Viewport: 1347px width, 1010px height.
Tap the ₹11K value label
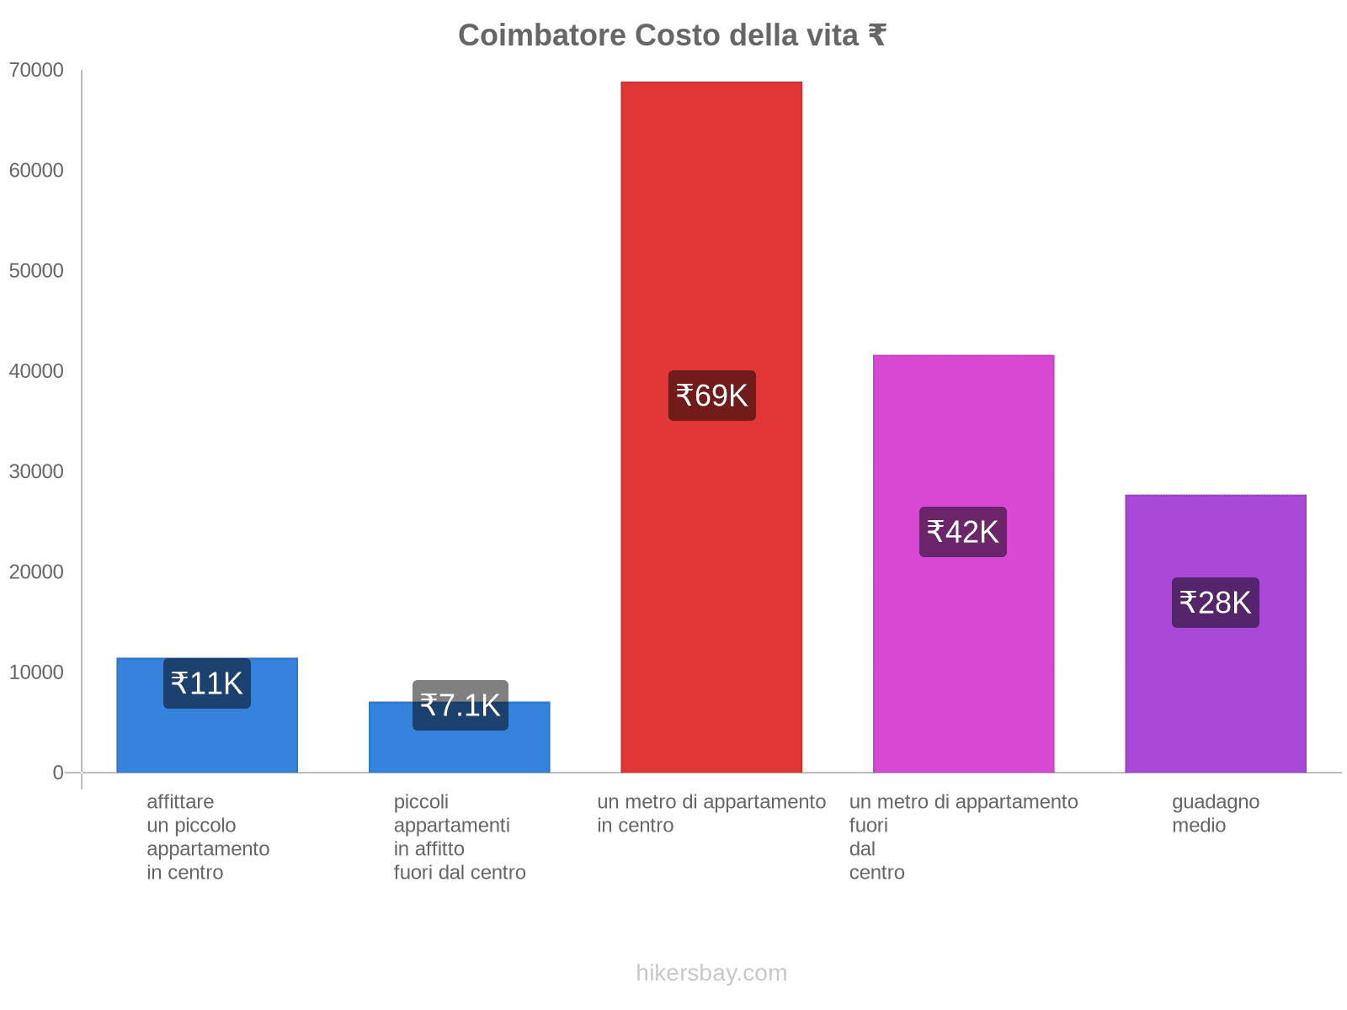click(206, 683)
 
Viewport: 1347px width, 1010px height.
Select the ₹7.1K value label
click(460, 705)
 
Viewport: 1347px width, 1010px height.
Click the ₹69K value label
click(711, 396)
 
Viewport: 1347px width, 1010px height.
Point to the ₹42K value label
click(962, 532)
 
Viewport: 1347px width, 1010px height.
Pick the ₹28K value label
click(1215, 603)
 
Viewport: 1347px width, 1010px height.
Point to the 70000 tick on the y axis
click(36, 71)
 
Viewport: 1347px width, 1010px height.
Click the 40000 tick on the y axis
click(36, 371)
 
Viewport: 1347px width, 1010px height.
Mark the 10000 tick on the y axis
click(36, 672)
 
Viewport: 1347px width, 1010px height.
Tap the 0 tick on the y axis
click(58, 773)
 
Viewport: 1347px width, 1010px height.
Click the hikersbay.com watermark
click(711, 973)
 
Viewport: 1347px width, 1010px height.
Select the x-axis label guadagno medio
click(1215, 814)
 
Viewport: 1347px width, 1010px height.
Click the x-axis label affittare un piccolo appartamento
click(207, 837)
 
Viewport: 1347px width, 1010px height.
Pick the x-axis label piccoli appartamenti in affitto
click(460, 837)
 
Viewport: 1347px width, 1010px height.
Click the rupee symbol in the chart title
click(876, 35)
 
